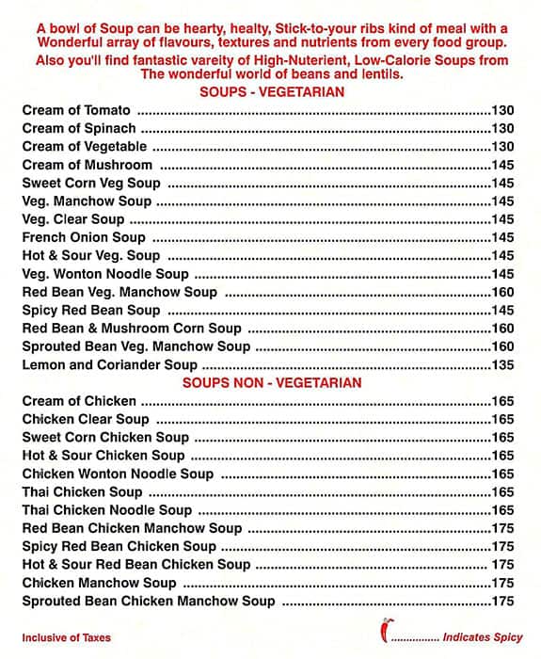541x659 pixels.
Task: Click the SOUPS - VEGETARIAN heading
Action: [271, 91]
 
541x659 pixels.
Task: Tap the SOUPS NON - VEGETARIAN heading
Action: [271, 383]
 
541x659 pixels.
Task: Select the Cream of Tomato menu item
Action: [76, 110]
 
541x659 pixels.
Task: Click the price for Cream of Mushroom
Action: [502, 165]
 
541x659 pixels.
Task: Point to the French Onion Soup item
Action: [84, 237]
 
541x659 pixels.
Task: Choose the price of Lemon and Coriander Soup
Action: [502, 364]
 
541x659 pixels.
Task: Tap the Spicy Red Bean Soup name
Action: [91, 310]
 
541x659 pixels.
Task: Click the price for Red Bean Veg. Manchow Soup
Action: [502, 292]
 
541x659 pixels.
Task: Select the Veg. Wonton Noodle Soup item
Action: [105, 274]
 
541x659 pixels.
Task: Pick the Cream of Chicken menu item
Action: [79, 401]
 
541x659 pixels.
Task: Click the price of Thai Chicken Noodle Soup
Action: [502, 510]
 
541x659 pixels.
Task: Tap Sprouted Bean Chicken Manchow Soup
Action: [149, 601]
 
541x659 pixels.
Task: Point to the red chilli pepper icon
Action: [384, 628]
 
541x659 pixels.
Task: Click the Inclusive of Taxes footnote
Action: [66, 637]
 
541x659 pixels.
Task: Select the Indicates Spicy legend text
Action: [483, 637]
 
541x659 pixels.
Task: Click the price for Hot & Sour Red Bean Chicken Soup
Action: [502, 565]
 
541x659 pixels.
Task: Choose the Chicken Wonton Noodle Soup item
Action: [118, 474]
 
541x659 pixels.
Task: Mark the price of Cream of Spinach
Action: [502, 128]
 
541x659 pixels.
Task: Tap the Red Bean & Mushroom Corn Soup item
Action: [132, 329]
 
